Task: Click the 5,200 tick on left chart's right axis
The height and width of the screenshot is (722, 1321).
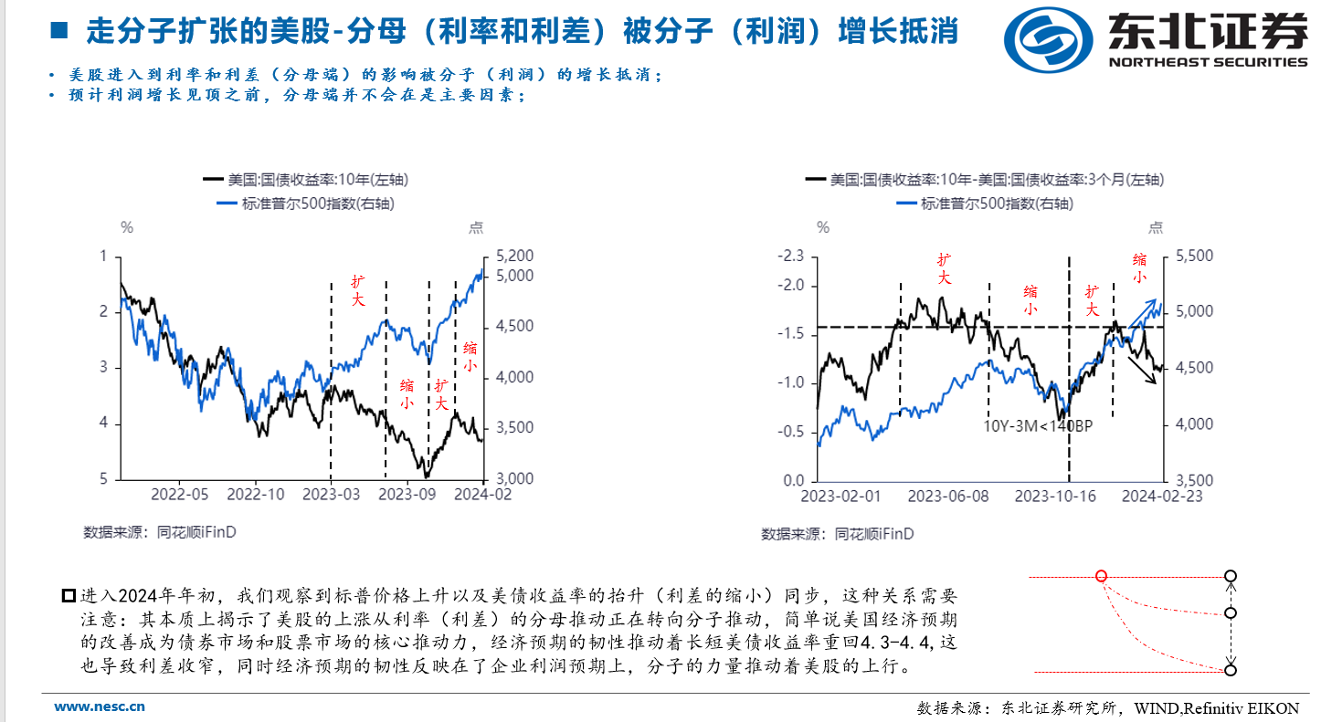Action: tap(513, 256)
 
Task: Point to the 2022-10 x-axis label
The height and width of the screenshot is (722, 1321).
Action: tap(256, 494)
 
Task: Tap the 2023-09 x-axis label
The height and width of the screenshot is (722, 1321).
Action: tap(407, 494)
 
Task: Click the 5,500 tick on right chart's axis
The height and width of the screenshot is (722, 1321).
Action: tap(1194, 256)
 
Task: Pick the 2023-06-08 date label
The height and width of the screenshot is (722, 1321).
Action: tap(948, 496)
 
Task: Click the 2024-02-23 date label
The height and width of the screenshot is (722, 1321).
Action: tap(1162, 496)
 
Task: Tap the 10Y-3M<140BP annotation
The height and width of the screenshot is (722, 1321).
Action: tap(1038, 425)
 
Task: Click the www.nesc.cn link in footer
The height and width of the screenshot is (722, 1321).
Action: tap(100, 706)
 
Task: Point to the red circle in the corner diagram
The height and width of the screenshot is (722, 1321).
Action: tap(1101, 576)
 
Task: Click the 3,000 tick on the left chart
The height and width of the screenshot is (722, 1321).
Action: tap(513, 479)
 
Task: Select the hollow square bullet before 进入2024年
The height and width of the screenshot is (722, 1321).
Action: tap(69, 596)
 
